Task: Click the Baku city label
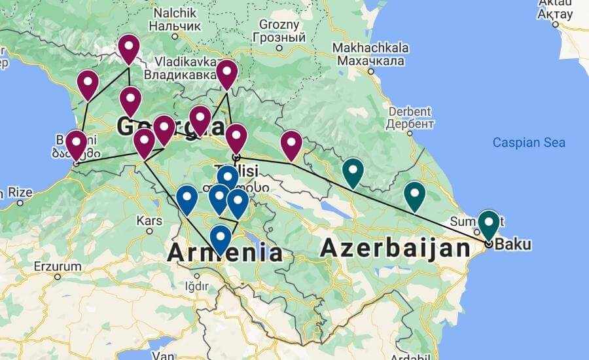[514, 245]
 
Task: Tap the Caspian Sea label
[529, 143]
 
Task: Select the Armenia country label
[225, 252]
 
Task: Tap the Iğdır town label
[196, 286]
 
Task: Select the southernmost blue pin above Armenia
[221, 238]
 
